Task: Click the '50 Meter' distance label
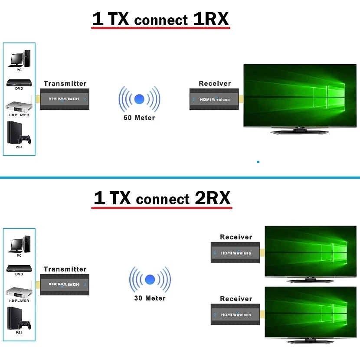pos(139,118)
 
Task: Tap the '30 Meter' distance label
pos(150,298)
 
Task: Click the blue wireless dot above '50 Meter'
pos(140,99)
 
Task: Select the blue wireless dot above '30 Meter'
pos(150,279)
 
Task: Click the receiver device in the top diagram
pos(214,99)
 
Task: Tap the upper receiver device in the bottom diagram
pos(235,252)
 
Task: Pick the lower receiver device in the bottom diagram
pos(235,314)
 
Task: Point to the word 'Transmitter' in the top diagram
pos(65,84)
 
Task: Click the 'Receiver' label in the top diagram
pos(215,84)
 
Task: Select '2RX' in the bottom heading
pos(213,199)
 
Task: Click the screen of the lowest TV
pos(312,313)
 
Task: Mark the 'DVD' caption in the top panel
pos(19,88)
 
